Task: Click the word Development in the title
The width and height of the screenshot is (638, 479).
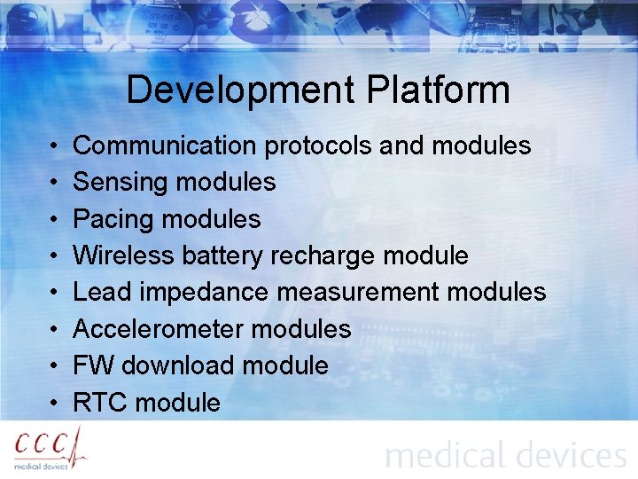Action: [240, 90]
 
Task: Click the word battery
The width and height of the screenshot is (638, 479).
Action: [222, 256]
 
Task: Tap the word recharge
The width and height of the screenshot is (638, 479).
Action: [323, 256]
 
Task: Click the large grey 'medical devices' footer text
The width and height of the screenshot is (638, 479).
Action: [505, 455]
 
